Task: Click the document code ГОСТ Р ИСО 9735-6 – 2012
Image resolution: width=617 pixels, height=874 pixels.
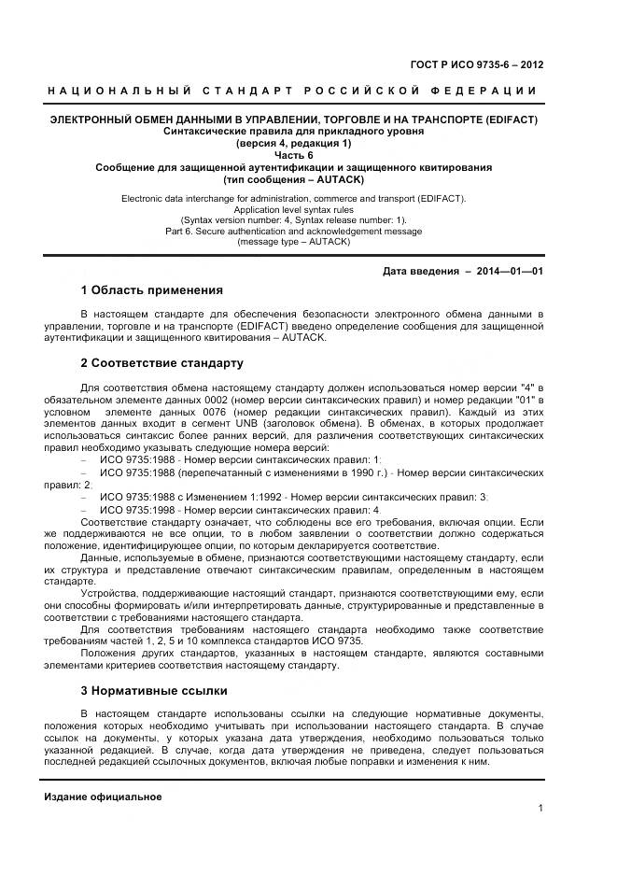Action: [x=477, y=65]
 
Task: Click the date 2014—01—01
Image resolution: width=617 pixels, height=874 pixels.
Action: [x=510, y=271]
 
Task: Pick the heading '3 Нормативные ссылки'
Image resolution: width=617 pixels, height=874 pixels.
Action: [x=153, y=690]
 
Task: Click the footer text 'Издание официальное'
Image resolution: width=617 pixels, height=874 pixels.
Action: [x=103, y=796]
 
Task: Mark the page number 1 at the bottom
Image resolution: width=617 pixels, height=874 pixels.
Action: [x=540, y=809]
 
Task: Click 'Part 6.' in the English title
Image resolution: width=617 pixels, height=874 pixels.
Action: [x=181, y=231]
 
